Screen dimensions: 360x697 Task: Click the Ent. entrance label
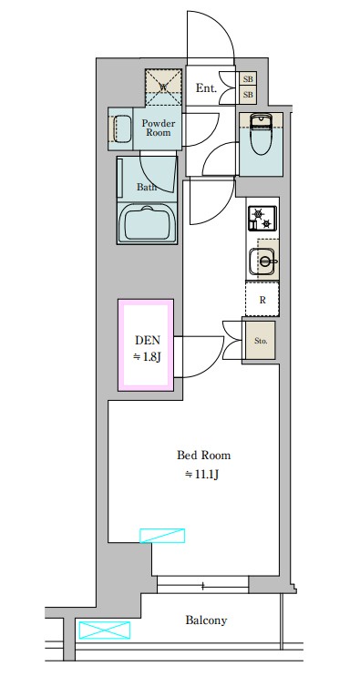[x=206, y=88]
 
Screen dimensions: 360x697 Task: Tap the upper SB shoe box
[x=248, y=79]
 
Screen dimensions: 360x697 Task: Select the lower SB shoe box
[x=248, y=95]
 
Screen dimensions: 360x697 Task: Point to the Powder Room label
[x=159, y=128]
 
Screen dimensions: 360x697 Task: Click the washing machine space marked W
[x=163, y=87]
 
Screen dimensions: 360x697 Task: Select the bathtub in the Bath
[x=147, y=223]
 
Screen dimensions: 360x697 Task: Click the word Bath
[x=146, y=187]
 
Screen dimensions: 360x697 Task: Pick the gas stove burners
[x=262, y=219]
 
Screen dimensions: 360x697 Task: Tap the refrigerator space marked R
[x=262, y=299]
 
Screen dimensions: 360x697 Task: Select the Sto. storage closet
[x=261, y=341]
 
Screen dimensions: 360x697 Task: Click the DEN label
[x=147, y=341]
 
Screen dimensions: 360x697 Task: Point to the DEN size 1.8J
[x=147, y=356]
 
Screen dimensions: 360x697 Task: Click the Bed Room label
[x=204, y=456]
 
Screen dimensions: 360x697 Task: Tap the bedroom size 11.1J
[x=202, y=475]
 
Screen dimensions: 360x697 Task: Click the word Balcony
[x=206, y=620]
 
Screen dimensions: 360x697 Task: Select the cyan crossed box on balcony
[x=105, y=630]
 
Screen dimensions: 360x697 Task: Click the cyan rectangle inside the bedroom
[x=162, y=536]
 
